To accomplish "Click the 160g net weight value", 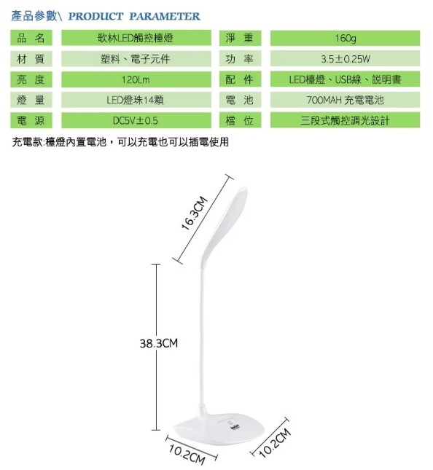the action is [345, 38].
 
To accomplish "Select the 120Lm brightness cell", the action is [136, 79].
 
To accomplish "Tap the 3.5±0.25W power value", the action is [345, 59].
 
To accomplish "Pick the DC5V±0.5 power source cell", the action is [136, 120].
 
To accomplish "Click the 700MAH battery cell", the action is [345, 100].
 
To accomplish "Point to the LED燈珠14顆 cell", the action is [136, 100].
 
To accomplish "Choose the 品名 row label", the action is [31, 38].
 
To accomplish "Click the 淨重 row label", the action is [240, 38].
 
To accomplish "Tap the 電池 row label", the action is [240, 100].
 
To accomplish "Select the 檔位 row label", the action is [240, 120].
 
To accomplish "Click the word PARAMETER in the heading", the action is [165, 16].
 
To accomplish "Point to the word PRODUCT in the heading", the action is [95, 16].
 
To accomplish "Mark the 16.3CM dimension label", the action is [195, 213].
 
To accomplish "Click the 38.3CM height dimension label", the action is [159, 343].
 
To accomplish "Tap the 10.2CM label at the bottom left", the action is [187, 455].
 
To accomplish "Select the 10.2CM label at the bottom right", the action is [275, 443].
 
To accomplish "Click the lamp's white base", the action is [219, 429].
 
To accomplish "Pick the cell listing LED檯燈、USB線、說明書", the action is [345, 79].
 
